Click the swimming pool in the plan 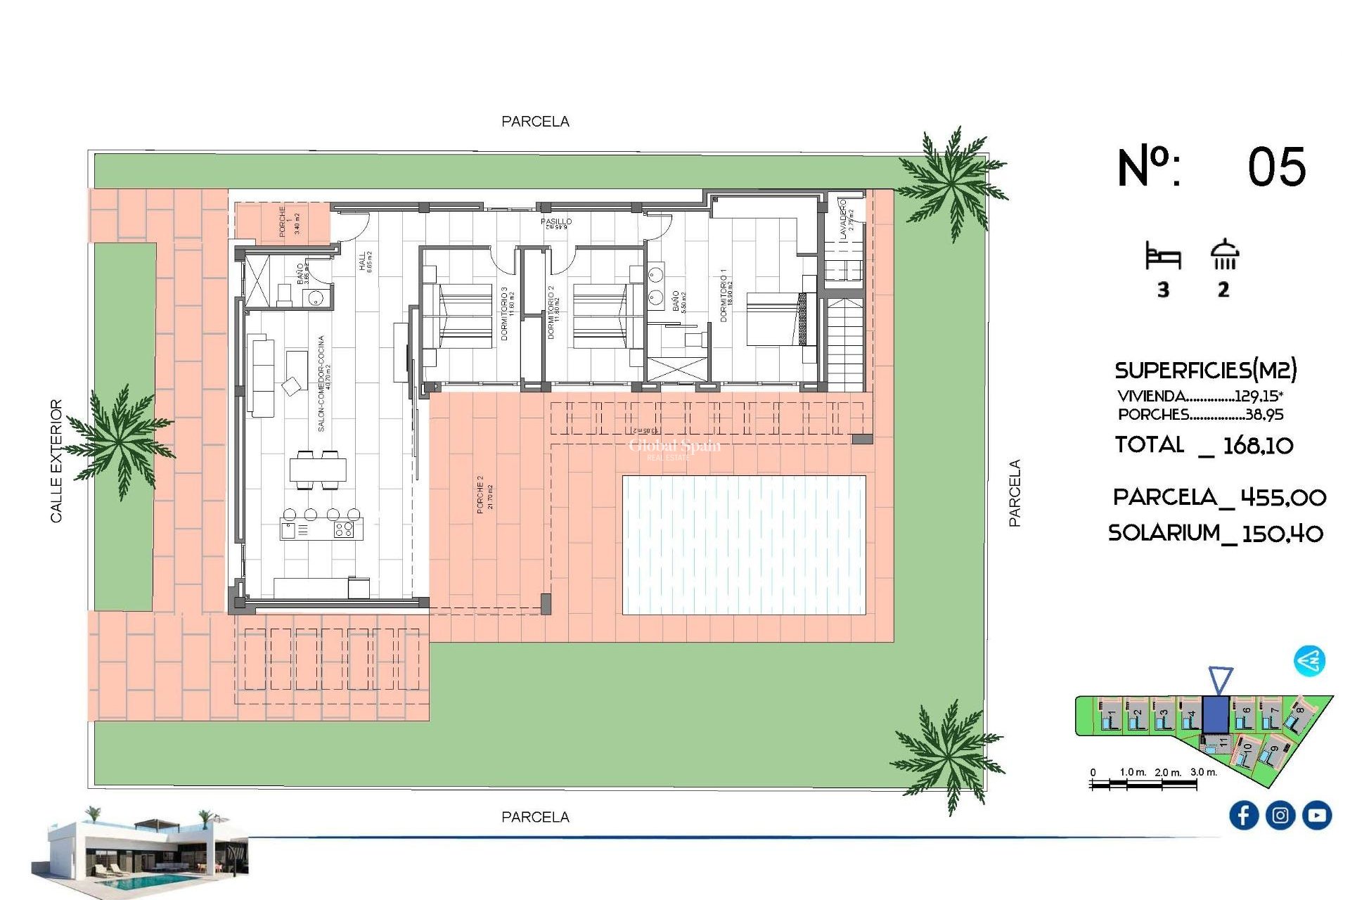[x=744, y=545]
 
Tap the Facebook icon [x=1243, y=815]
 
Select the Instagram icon [x=1280, y=815]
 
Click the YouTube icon [x=1316, y=815]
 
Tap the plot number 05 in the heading [x=1276, y=167]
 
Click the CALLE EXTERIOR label [x=56, y=461]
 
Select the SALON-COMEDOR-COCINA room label [x=322, y=383]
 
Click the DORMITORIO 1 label [x=724, y=295]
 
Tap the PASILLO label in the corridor [x=555, y=221]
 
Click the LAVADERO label [x=844, y=218]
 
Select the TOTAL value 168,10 [x=1257, y=445]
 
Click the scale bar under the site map [x=1143, y=783]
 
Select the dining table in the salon [x=318, y=469]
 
